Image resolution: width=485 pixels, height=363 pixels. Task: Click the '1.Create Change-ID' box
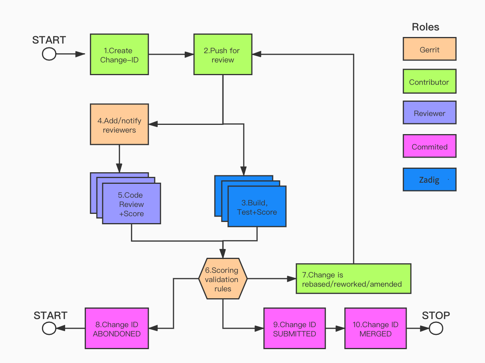(x=119, y=54)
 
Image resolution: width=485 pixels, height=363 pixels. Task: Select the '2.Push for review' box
(x=223, y=54)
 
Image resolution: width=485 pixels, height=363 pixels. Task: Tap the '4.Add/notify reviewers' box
(x=119, y=124)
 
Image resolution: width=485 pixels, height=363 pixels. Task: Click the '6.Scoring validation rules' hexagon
(x=223, y=279)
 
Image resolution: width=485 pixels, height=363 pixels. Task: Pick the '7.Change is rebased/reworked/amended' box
(x=354, y=279)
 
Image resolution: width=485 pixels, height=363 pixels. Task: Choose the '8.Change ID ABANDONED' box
(x=117, y=328)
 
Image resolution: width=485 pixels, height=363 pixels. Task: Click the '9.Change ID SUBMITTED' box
(x=295, y=328)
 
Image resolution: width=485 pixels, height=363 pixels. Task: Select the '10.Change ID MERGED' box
(x=376, y=328)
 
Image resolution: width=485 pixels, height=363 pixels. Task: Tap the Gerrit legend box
(x=429, y=49)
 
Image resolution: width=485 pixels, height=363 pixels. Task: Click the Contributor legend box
(x=429, y=81)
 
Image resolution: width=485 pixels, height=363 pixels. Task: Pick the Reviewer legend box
(x=429, y=113)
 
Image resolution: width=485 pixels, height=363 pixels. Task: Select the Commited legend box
(x=429, y=146)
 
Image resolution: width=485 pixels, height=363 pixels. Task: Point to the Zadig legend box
(x=429, y=180)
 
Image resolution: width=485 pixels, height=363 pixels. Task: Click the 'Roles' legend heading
(x=425, y=27)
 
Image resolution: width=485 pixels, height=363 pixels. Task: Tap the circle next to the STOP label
(x=436, y=328)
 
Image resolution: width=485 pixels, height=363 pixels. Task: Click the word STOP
(x=436, y=316)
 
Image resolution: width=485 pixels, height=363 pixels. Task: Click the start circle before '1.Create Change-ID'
(x=49, y=54)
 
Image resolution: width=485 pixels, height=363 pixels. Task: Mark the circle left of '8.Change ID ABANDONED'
(x=49, y=328)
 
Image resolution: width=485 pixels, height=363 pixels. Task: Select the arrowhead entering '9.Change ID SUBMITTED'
(x=259, y=328)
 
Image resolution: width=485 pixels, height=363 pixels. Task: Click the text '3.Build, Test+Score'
(x=257, y=208)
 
